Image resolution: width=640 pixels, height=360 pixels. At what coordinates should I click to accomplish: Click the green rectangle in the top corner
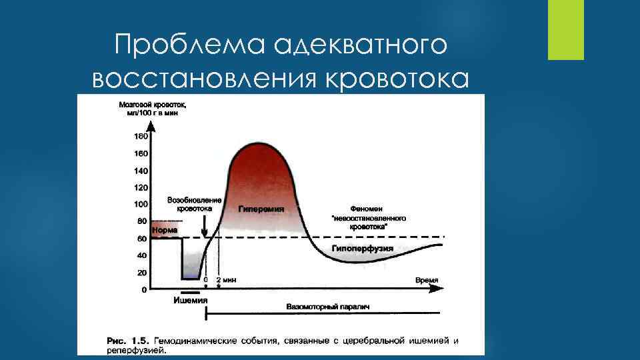(x=565, y=30)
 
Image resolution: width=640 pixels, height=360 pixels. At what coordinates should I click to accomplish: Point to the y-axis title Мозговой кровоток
(x=152, y=105)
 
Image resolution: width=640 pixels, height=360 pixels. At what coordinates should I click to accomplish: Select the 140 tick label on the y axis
(x=141, y=171)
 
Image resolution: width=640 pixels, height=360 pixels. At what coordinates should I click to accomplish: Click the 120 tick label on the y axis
(x=141, y=187)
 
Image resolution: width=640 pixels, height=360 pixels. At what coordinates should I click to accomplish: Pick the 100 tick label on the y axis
(x=141, y=204)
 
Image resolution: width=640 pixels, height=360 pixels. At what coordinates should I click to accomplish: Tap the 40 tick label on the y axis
(x=142, y=255)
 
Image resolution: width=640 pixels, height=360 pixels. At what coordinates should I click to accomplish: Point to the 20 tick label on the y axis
(x=142, y=272)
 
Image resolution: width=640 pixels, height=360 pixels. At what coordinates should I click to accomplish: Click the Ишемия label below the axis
(x=190, y=300)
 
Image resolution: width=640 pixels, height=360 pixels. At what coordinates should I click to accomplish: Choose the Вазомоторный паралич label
(x=327, y=307)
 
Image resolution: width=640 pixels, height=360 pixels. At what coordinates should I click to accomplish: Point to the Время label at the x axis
(x=427, y=281)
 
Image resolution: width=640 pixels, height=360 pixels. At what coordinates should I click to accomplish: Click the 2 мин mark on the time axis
(x=227, y=281)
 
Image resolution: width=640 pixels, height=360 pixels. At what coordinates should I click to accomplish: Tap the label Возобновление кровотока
(x=194, y=204)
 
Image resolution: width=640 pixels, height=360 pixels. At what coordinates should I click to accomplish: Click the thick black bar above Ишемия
(x=189, y=292)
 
